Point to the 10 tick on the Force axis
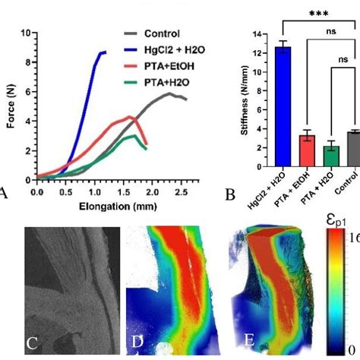(x=27, y=33)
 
